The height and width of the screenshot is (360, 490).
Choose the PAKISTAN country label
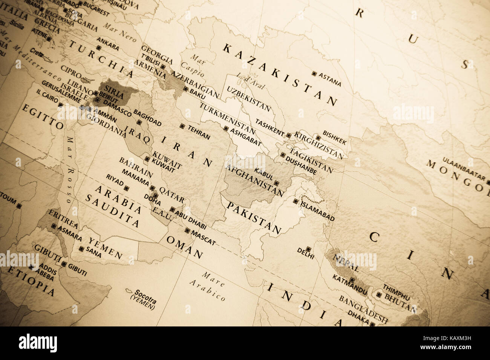click(254, 218)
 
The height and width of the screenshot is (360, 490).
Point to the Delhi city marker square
click(309, 249)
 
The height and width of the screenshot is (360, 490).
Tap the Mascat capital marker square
click(187, 231)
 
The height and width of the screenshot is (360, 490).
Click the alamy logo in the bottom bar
click(38, 343)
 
